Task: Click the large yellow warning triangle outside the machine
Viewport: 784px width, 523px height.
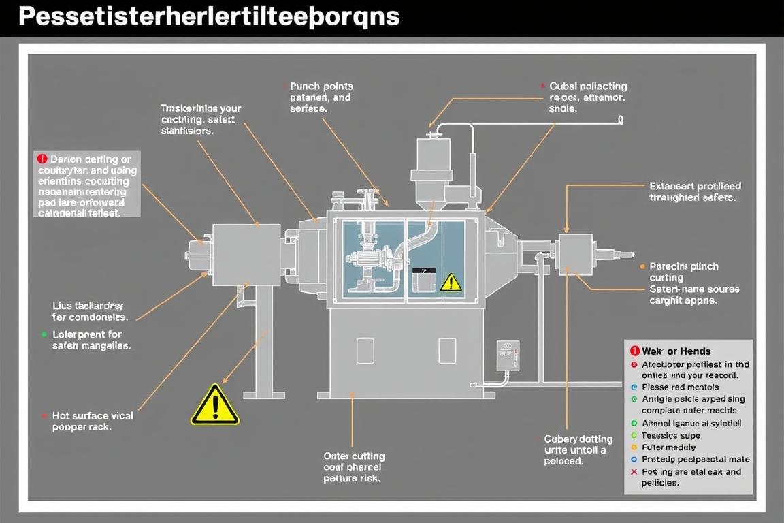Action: coord(214,406)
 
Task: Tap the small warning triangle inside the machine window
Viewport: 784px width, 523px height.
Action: coord(450,283)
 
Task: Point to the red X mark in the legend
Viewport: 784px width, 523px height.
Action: coord(634,471)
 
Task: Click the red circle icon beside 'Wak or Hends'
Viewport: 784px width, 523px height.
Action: coord(634,351)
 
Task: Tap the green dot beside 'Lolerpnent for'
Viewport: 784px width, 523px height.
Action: coord(44,334)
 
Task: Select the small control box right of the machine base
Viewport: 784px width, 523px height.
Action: coord(508,355)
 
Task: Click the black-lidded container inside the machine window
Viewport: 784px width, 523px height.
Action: coord(423,279)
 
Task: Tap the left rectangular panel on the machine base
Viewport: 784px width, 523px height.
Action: coord(365,351)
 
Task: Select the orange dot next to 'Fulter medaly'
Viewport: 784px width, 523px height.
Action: coord(634,447)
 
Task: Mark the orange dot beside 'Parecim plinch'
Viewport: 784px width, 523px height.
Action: coord(643,266)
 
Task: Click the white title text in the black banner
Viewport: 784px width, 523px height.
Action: coord(208,16)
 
